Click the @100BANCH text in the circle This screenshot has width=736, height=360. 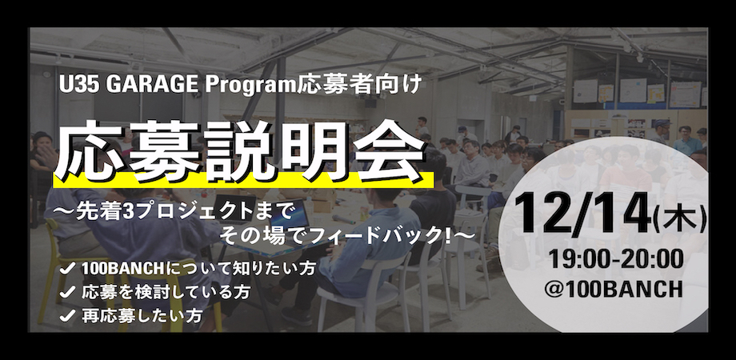[614, 290]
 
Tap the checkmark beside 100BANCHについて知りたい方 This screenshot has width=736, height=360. [67, 270]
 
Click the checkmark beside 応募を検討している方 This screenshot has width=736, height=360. [67, 293]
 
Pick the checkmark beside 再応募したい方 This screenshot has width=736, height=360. [67, 316]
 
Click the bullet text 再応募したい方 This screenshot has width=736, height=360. [142, 316]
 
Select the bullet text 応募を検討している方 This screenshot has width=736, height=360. [165, 293]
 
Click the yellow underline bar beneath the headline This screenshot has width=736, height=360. [243, 180]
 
